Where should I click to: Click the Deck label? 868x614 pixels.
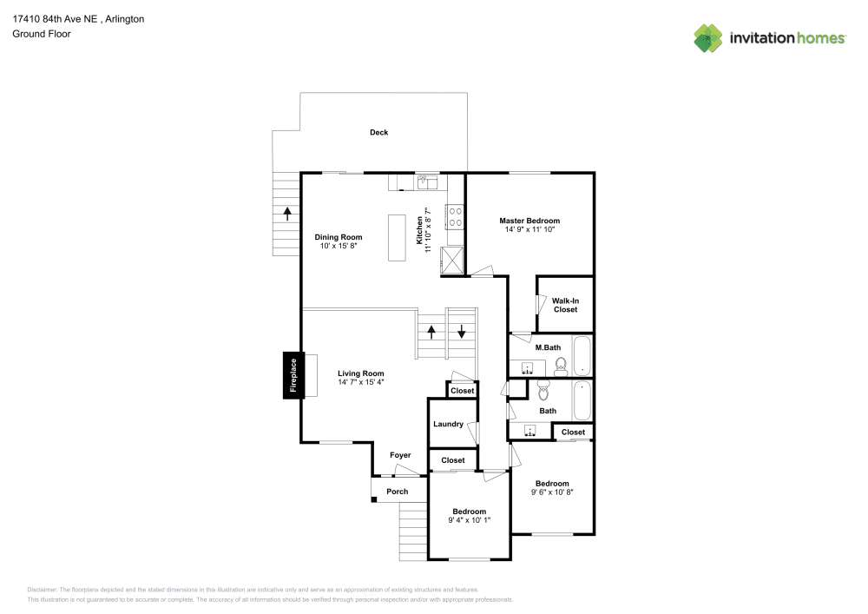[378, 133]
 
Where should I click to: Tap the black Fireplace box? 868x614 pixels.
[293, 375]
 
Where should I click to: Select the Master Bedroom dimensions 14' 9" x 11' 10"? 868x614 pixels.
[529, 229]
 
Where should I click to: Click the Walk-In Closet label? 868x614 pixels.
[565, 305]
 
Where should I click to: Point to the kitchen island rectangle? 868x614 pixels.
[397, 237]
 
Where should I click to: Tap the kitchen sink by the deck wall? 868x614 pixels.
[426, 182]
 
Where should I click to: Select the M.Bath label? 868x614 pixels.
[547, 347]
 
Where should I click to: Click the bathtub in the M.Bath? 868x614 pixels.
[582, 355]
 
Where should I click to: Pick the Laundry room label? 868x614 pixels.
[448, 424]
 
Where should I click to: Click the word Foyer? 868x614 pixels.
[400, 455]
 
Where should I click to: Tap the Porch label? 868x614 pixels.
[397, 492]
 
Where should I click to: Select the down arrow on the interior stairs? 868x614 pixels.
[462, 332]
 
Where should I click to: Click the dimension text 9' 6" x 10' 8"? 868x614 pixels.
[552, 492]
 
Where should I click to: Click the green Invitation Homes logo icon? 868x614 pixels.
[708, 37]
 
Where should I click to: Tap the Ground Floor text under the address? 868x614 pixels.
[42, 34]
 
